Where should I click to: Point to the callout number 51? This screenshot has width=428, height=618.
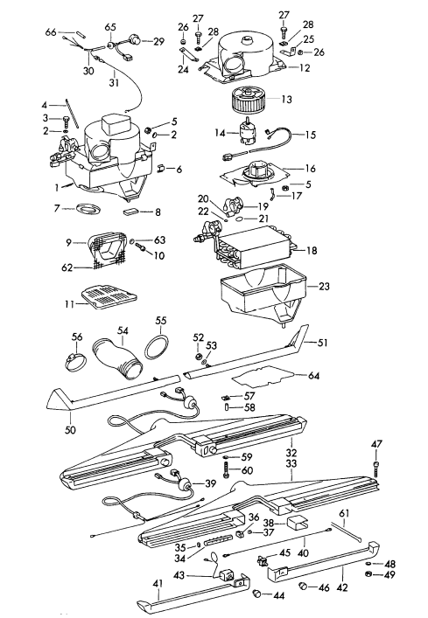pos(323,344)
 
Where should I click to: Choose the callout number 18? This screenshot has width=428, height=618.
pos(312,249)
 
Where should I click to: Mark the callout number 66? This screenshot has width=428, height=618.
pos(51,32)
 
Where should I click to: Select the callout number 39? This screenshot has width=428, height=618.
pos(209,484)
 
